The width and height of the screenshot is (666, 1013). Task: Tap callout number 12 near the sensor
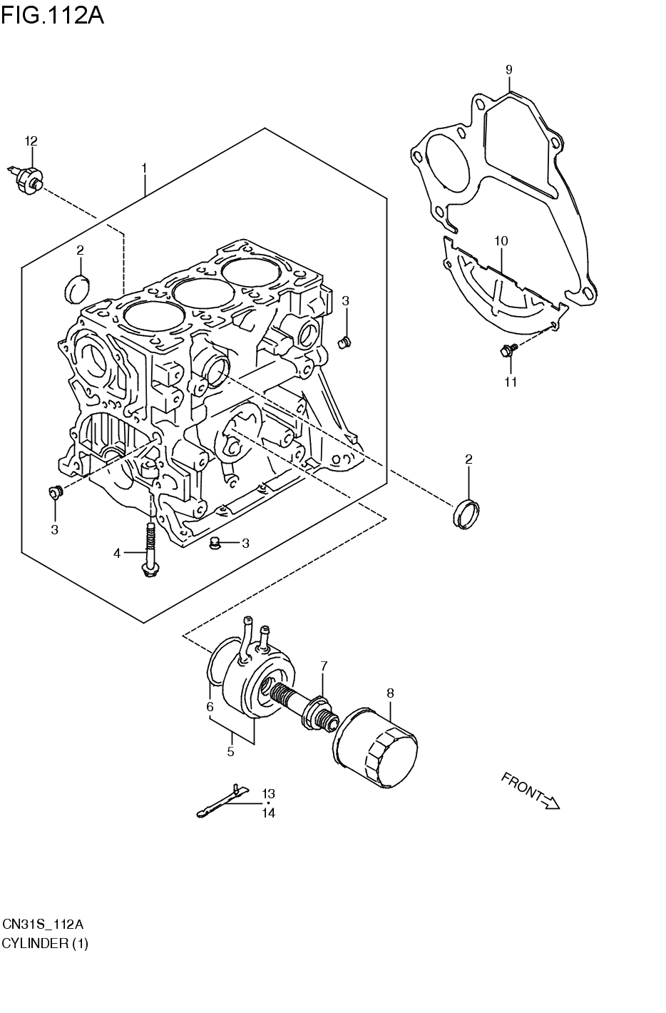[x=31, y=141]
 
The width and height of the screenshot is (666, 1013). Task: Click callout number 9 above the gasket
[x=509, y=69]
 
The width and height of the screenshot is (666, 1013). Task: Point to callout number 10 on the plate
[x=501, y=241]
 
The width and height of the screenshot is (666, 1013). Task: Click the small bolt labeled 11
[x=508, y=350]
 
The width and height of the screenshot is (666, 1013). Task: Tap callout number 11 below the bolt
[x=511, y=382]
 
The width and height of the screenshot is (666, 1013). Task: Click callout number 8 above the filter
[x=390, y=692]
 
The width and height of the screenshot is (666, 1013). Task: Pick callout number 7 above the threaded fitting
[x=324, y=666]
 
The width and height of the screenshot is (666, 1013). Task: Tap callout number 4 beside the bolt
[x=117, y=553]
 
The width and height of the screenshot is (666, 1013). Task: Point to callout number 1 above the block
[x=144, y=168]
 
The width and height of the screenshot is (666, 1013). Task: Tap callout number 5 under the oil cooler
[x=230, y=751]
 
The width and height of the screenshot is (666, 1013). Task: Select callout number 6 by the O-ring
[x=210, y=707]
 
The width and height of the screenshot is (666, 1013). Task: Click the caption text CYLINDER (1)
[x=44, y=943]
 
